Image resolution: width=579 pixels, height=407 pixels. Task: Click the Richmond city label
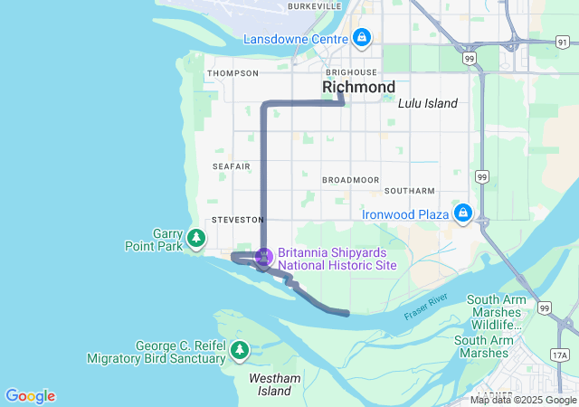point(358,87)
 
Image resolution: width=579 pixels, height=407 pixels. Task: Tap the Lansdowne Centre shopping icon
point(362,38)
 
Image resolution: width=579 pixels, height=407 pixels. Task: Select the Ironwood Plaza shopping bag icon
point(463,213)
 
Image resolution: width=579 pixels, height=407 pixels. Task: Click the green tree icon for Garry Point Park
point(196,239)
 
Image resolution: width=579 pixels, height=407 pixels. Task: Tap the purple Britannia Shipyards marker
point(263,258)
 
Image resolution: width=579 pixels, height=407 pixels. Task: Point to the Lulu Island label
point(428,103)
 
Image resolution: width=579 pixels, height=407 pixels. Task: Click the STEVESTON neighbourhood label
point(237,220)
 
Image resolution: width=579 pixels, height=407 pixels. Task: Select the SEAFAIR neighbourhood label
point(232,166)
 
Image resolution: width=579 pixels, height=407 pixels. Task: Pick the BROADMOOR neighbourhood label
point(350,180)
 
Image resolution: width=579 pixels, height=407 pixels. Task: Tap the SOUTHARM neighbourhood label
point(409,191)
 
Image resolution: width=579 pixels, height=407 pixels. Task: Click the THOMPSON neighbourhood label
point(233,73)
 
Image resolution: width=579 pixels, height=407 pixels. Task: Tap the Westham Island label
point(270,383)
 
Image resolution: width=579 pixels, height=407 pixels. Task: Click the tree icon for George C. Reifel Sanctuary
point(240,349)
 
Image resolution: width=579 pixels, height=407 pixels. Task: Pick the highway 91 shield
point(512,43)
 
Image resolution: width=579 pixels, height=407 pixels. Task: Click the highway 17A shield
point(560,355)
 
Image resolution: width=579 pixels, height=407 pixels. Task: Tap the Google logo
point(30,396)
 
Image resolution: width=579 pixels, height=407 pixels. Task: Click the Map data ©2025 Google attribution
point(523,400)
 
